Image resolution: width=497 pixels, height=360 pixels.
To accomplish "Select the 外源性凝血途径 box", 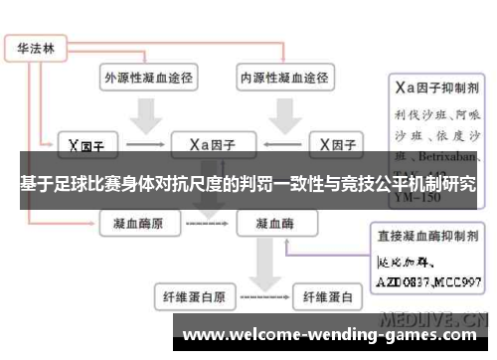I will [x=147, y=76].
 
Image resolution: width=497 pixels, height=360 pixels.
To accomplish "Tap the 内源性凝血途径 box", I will [x=281, y=76].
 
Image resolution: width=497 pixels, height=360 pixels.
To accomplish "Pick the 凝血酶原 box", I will [x=139, y=225].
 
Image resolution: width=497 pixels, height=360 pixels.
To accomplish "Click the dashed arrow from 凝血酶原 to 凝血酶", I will [x=207, y=226].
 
